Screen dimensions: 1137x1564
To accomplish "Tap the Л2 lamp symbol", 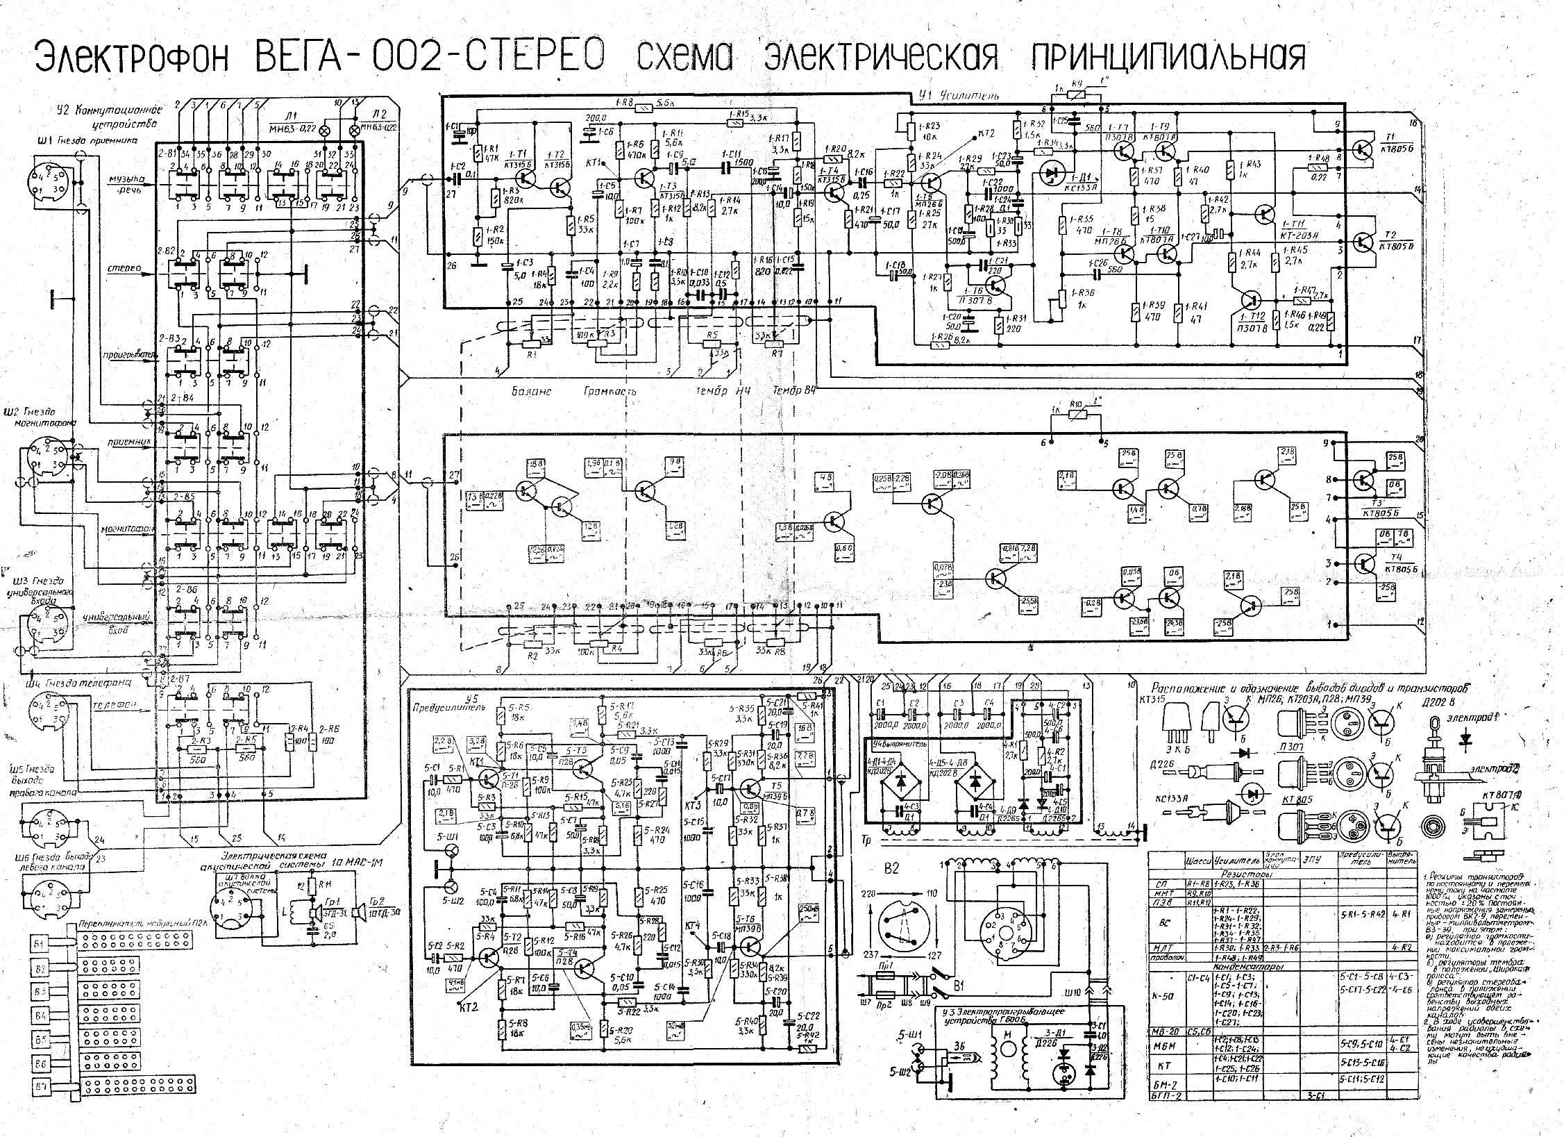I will [355, 130].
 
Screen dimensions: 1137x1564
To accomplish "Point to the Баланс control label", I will [532, 391].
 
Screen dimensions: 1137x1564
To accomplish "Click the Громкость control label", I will [610, 391].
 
